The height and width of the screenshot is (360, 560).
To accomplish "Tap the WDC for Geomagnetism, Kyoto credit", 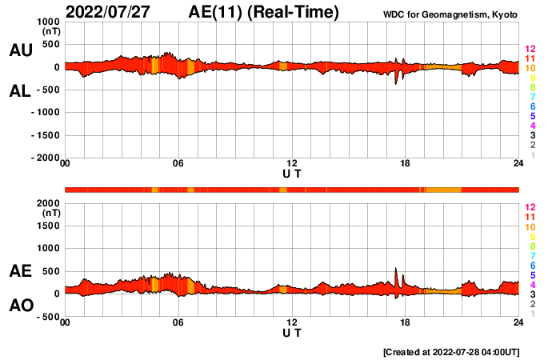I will pyautogui.click(x=451, y=15).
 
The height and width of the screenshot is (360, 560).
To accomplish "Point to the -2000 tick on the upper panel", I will pyautogui.click(x=43, y=158).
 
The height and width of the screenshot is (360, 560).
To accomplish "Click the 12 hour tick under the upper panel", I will pyautogui.click(x=292, y=164).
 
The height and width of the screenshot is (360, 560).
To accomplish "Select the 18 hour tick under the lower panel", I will pyautogui.click(x=406, y=323).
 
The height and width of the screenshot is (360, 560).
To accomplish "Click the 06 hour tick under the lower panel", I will pyautogui.click(x=178, y=323).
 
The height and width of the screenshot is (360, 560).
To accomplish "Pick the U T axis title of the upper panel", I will pyautogui.click(x=292, y=173).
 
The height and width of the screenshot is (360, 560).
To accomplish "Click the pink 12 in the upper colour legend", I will pyautogui.click(x=529, y=50).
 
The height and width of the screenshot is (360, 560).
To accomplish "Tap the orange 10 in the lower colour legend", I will pyautogui.click(x=529, y=227).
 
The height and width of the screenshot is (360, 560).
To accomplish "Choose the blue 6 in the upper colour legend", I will pyautogui.click(x=529, y=106).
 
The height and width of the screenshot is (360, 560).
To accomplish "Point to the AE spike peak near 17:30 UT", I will pyautogui.click(x=396, y=269).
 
